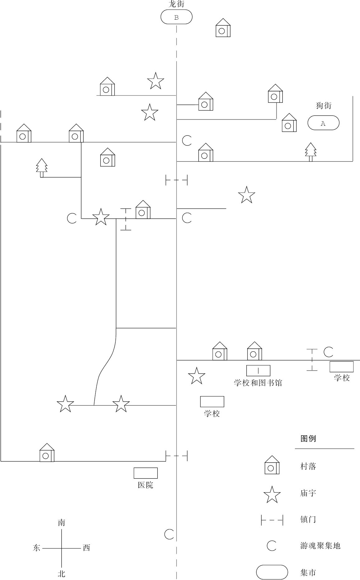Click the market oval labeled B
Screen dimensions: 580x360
click(x=176, y=17)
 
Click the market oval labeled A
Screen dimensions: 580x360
click(x=323, y=123)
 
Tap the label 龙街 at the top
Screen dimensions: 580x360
click(x=176, y=4)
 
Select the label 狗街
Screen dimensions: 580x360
click(x=324, y=105)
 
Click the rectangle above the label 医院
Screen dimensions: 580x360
click(x=145, y=473)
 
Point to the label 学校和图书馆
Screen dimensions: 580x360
click(x=258, y=383)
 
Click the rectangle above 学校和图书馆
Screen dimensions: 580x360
click(x=258, y=371)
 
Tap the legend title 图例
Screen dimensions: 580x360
click(x=308, y=439)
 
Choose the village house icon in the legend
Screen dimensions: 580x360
click(x=272, y=465)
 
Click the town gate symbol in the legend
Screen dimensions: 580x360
click(x=272, y=520)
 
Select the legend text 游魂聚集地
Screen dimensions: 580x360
click(x=320, y=546)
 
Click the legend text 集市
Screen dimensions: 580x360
click(x=308, y=573)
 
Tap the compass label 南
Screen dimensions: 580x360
click(x=61, y=523)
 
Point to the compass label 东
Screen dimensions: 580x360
click(x=36, y=548)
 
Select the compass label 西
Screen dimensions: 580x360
click(x=86, y=548)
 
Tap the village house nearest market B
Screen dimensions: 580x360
click(x=223, y=28)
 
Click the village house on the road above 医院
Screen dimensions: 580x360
click(x=47, y=453)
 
